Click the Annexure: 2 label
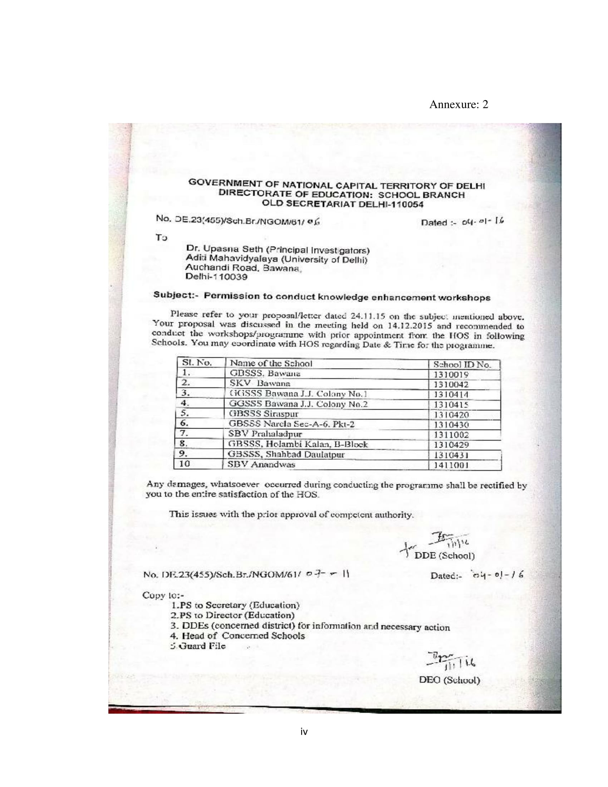coord(459,104)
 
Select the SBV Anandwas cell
coord(262,464)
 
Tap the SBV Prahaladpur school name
coord(266,434)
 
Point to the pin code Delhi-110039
coord(216,277)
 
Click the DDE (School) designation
coord(445,555)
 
